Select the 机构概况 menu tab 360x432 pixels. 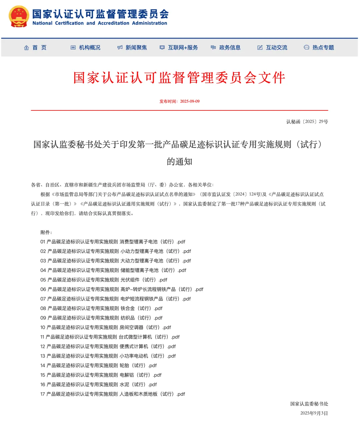pyautogui.click(x=86, y=48)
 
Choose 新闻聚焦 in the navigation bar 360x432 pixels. pyautogui.click(x=132, y=48)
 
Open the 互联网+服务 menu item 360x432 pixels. pyautogui.click(x=179, y=48)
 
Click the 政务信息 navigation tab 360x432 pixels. pyautogui.click(x=226, y=48)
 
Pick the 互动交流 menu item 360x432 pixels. pyautogui.click(x=272, y=48)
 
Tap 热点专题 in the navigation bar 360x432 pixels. pyautogui.click(x=319, y=48)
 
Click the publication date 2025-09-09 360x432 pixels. pyautogui.click(x=190, y=101)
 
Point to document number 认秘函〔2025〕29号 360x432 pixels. pyautogui.click(x=307, y=122)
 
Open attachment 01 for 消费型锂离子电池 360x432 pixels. pyautogui.click(x=113, y=242)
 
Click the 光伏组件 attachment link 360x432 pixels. pyautogui.click(x=104, y=280)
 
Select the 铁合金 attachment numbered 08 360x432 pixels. pyautogui.click(x=101, y=309)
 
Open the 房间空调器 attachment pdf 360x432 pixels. pyautogui.click(x=106, y=328)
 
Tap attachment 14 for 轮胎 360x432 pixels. pyautogui.click(x=98, y=366)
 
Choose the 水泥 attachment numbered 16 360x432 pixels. pyautogui.click(x=98, y=385)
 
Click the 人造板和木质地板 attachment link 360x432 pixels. pyautogui.click(x=113, y=394)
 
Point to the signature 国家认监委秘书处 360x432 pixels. pyautogui.click(x=309, y=404)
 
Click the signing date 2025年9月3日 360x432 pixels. pyautogui.click(x=314, y=413)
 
